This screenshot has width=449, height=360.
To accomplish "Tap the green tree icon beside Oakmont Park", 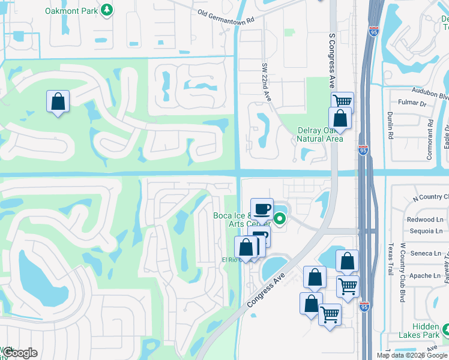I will click(x=107, y=10).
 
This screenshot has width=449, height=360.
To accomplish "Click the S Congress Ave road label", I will click(x=331, y=61).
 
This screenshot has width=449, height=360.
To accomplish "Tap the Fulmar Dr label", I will click(x=414, y=104).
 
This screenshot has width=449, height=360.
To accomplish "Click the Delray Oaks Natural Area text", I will click(x=321, y=135).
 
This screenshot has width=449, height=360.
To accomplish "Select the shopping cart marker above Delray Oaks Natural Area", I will click(x=342, y=102).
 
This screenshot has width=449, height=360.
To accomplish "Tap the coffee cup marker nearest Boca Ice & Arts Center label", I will click(x=262, y=209).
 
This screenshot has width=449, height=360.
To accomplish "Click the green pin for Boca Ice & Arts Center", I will click(x=279, y=218).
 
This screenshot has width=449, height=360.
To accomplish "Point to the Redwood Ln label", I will click(x=424, y=220).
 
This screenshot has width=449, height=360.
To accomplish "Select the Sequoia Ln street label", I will click(x=424, y=230).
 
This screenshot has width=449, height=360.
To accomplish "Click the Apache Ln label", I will click(x=425, y=276).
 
